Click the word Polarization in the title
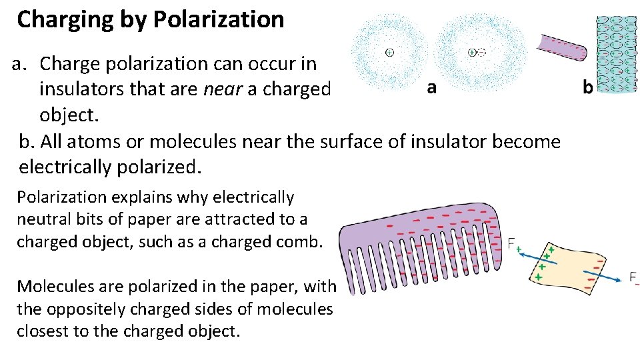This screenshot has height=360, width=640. (x=219, y=19)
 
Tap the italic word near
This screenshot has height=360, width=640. (x=223, y=89)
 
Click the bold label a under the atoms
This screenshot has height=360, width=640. (x=431, y=87)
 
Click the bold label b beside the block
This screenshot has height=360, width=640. (x=587, y=87)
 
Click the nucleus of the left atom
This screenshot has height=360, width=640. (x=389, y=51)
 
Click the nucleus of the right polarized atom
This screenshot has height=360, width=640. (x=472, y=51)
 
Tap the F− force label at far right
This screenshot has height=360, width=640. (x=633, y=278)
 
